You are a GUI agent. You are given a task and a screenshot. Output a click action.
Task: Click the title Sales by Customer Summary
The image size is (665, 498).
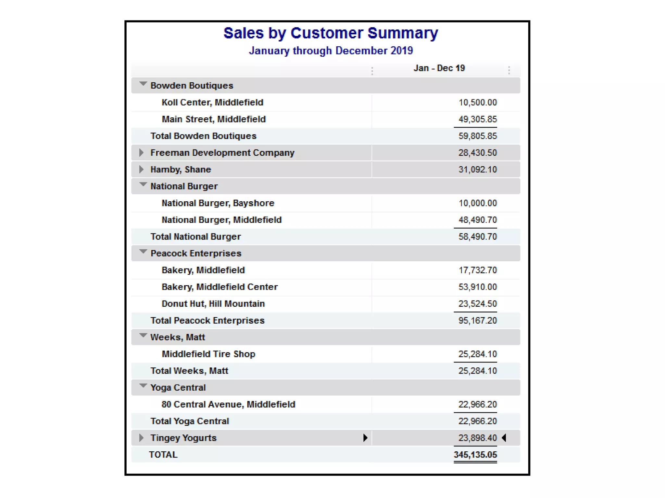(331, 33)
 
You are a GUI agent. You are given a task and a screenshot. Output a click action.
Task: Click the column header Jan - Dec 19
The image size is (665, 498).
(439, 68)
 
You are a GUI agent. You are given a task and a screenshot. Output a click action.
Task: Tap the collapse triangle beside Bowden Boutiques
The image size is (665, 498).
(143, 84)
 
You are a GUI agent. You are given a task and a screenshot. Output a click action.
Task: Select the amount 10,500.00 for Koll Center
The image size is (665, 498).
(477, 102)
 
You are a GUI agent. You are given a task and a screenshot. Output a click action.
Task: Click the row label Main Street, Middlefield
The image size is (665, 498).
(214, 119)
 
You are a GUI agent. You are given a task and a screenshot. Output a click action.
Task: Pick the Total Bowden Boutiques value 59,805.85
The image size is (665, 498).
(477, 136)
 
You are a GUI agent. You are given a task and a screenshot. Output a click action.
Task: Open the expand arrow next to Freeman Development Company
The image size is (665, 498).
(141, 153)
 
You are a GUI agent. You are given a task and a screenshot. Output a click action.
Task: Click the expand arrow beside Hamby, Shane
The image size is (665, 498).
(141, 170)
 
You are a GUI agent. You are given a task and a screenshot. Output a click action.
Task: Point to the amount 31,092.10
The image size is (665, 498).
(477, 170)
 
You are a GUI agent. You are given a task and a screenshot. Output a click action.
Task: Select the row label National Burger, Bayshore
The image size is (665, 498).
(218, 203)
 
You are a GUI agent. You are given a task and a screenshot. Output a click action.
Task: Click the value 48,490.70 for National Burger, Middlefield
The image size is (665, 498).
(477, 220)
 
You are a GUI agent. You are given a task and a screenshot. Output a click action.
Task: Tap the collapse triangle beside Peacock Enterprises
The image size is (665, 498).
(143, 252)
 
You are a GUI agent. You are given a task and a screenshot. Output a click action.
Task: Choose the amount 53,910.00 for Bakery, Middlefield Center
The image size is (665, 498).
(477, 287)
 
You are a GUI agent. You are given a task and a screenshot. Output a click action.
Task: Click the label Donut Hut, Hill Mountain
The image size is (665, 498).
(213, 304)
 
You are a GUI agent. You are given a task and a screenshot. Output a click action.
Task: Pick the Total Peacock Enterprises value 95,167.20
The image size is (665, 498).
(477, 321)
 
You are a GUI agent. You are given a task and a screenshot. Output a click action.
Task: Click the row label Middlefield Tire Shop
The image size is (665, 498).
(208, 354)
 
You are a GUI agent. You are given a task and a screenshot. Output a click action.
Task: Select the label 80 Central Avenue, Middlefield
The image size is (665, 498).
(228, 404)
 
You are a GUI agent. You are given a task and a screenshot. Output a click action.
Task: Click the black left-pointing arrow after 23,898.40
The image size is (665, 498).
(504, 438)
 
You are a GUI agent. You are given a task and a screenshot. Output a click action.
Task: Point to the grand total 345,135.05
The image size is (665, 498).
(475, 455)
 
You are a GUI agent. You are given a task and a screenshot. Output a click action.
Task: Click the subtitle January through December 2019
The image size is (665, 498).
(331, 51)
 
